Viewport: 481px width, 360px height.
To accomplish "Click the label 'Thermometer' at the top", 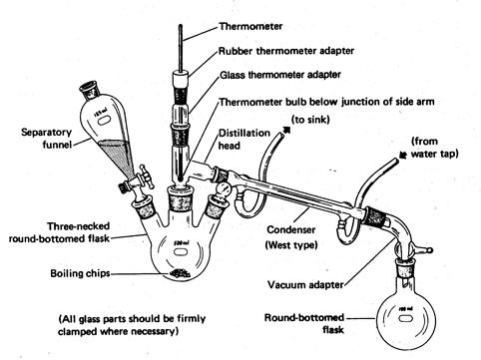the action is click(x=250, y=26).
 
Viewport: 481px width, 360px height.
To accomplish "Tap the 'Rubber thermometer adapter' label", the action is click(x=286, y=51).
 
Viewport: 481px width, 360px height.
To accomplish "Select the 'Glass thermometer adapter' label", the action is click(x=280, y=75).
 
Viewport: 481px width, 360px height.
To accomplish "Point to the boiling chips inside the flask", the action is click(x=180, y=273).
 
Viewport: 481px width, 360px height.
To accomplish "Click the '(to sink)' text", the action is click(x=310, y=119).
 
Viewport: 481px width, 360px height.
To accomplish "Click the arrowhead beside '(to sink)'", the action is click(x=286, y=131).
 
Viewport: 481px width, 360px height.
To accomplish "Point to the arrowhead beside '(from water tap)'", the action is click(x=403, y=156).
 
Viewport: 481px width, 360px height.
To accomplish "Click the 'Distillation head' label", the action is click(x=244, y=140).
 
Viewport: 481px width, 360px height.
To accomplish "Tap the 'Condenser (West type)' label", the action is click(x=291, y=237).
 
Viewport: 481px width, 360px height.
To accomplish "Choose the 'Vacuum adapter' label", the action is click(x=305, y=285).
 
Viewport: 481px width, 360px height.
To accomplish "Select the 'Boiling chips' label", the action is click(x=80, y=273).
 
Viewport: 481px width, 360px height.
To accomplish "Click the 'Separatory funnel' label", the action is click(x=46, y=139).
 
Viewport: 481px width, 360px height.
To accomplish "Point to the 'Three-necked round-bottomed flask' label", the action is click(x=59, y=232).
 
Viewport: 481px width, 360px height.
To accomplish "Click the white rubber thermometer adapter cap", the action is click(x=181, y=79).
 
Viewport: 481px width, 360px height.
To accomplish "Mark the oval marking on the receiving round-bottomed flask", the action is click(x=406, y=318).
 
